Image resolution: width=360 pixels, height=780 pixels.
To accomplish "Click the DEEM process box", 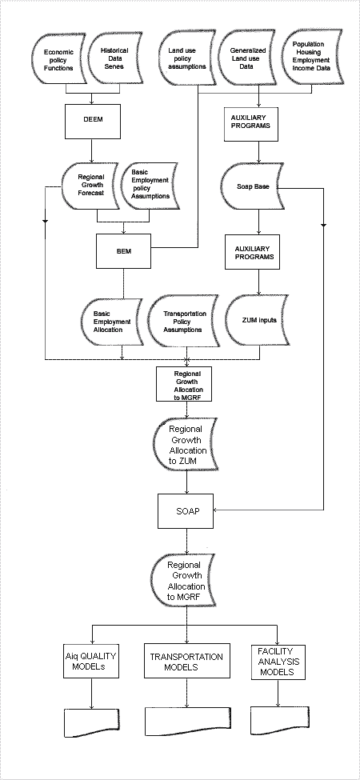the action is point(93,122).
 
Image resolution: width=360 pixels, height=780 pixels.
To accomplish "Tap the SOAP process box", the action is point(186,511).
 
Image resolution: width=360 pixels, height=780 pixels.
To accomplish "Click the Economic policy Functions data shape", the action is point(59,59).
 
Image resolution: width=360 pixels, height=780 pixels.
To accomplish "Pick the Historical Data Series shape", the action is point(115,58).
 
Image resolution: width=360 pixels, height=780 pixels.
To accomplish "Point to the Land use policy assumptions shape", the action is point(187,58).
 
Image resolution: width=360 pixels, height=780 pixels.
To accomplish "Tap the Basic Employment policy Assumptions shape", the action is point(149,187).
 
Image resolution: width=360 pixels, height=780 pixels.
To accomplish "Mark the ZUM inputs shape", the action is point(258,319).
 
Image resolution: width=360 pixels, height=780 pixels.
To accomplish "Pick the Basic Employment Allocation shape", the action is point(111,322).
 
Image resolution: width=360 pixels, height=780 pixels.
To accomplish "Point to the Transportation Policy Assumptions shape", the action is point(184,322).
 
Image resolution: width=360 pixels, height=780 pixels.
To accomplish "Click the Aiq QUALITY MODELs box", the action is point(91,661).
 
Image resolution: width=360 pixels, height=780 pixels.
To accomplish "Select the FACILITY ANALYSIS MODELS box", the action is point(278,661).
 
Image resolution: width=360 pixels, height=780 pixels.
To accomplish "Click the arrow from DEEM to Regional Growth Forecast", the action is point(91,150).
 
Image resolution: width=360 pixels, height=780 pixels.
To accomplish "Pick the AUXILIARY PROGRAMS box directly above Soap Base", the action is point(251,124).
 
